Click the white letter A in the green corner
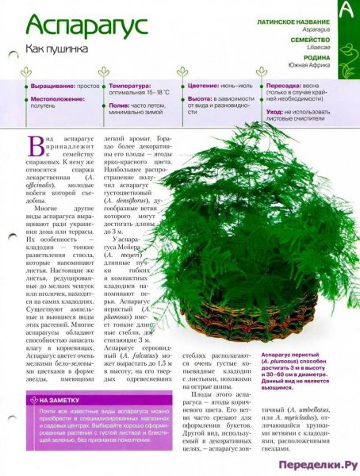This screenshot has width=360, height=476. pyautogui.click(x=346, y=12)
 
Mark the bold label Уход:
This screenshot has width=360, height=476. pyautogui.click(x=274, y=113)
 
